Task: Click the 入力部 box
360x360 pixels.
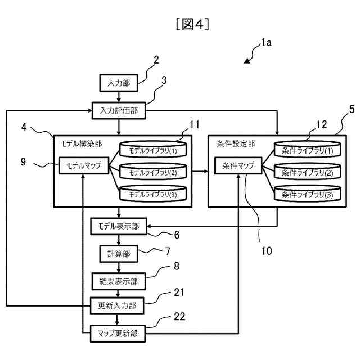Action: [119, 83]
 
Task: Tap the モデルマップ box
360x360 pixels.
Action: [84, 166]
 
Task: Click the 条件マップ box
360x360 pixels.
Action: [238, 166]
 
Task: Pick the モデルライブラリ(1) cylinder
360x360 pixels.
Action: [153, 151]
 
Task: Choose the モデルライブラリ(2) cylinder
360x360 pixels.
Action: [153, 172]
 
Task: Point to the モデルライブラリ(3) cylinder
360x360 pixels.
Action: [153, 194]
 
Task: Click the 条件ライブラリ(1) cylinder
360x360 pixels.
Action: [307, 151]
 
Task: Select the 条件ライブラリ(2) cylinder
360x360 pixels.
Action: [307, 172]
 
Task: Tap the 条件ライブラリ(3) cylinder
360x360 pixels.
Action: [307, 194]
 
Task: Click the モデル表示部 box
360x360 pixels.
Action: [119, 227]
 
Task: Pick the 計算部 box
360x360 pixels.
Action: [119, 254]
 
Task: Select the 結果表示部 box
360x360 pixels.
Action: [119, 280]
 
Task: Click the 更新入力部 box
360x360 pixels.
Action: [119, 305]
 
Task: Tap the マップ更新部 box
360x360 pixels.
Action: [119, 333]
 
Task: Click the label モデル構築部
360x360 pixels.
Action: [81, 144]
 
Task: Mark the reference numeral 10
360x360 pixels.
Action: [267, 250]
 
